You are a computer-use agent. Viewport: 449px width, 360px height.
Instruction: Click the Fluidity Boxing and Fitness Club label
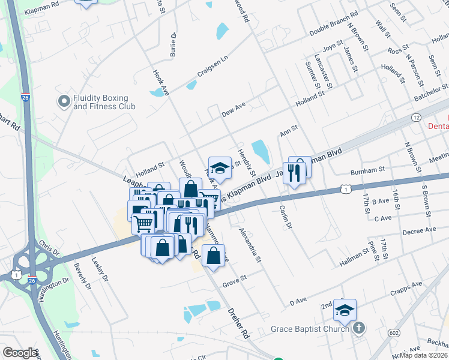104,102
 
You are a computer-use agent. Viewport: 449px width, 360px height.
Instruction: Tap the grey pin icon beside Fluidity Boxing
63,102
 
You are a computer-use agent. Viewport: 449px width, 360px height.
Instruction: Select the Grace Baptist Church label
310,328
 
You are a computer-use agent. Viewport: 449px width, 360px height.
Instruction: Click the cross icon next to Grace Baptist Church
359,328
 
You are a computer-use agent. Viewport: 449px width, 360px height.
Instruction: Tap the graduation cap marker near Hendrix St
220,168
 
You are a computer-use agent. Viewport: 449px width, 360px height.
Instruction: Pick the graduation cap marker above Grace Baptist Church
345,310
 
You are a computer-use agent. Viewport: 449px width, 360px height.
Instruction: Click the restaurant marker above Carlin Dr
294,174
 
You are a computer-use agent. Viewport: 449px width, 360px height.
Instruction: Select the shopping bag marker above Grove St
213,255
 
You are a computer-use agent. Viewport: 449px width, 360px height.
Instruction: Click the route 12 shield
416,118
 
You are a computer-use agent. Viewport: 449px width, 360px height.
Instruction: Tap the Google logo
20,353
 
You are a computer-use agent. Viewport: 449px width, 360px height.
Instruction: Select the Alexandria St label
249,244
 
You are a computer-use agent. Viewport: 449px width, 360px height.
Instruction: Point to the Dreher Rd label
238,325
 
